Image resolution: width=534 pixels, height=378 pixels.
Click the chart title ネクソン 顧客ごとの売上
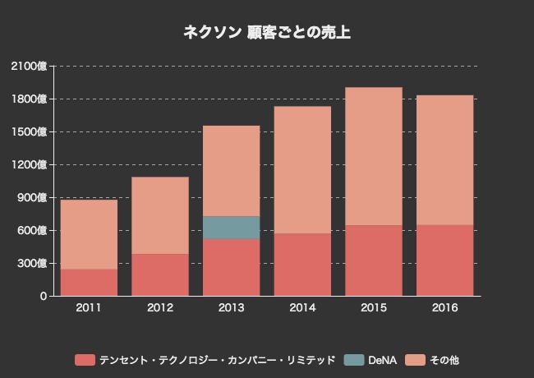click(x=267, y=33)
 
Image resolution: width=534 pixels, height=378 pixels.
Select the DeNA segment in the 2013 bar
click(x=231, y=228)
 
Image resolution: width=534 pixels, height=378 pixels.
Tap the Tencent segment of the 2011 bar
click(x=89, y=282)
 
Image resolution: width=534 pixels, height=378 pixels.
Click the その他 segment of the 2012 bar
click(x=159, y=215)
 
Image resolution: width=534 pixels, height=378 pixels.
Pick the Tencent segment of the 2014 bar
click(x=302, y=264)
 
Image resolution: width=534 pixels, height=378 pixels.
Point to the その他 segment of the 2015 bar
click(x=373, y=156)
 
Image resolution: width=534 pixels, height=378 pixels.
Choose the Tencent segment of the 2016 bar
click(x=444, y=260)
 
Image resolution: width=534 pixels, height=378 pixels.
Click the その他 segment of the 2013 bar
click(x=231, y=171)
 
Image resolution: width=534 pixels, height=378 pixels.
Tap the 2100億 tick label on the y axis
click(x=30, y=66)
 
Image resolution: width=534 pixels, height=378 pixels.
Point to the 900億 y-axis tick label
click(x=33, y=197)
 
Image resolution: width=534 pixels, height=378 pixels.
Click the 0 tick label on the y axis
click(x=43, y=296)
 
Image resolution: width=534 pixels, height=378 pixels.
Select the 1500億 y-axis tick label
click(x=30, y=131)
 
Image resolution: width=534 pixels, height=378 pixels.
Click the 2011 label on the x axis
click(x=89, y=308)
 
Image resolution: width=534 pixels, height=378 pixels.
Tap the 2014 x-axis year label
click(x=302, y=308)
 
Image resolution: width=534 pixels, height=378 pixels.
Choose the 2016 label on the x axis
click(x=444, y=308)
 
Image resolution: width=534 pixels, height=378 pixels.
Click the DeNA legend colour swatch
click(x=353, y=360)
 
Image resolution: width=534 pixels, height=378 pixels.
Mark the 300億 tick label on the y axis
click(x=33, y=263)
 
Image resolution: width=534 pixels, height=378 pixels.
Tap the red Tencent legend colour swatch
click(x=85, y=360)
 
